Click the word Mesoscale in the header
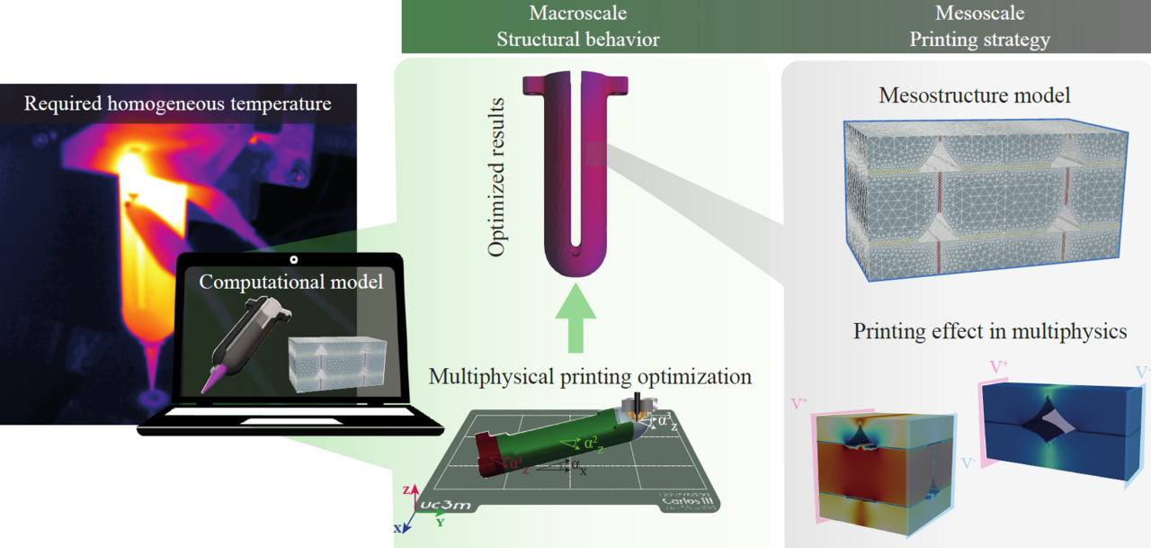click(979, 13)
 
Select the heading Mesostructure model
click(975, 95)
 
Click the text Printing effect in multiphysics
click(989, 331)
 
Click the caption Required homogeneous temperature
click(177, 103)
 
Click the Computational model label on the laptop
click(290, 281)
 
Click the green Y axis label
click(441, 522)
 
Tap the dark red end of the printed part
click(490, 454)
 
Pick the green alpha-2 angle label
click(589, 443)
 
